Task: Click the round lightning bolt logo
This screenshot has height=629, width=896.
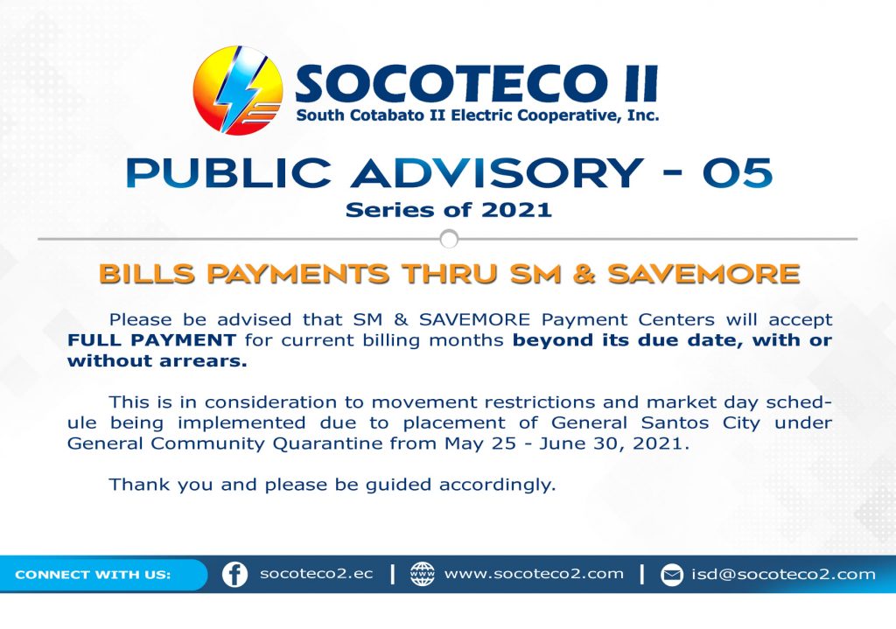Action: [238, 90]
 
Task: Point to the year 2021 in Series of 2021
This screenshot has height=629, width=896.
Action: [516, 210]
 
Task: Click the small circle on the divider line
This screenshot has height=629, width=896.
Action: [449, 239]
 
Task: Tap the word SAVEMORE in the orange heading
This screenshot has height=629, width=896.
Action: [703, 274]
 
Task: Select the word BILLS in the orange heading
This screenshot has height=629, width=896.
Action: [147, 274]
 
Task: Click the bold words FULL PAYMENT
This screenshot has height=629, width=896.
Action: [152, 340]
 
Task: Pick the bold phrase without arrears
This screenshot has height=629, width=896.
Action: [157, 360]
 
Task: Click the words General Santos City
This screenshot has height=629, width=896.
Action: [655, 423]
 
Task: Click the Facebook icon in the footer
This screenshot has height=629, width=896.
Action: [234, 574]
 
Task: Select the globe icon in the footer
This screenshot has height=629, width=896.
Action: [423, 574]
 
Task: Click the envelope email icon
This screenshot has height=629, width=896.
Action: [672, 574]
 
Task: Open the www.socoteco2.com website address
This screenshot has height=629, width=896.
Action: [534, 574]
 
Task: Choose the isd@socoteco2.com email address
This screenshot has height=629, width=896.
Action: [783, 574]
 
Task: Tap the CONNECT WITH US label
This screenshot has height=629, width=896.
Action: [93, 574]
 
